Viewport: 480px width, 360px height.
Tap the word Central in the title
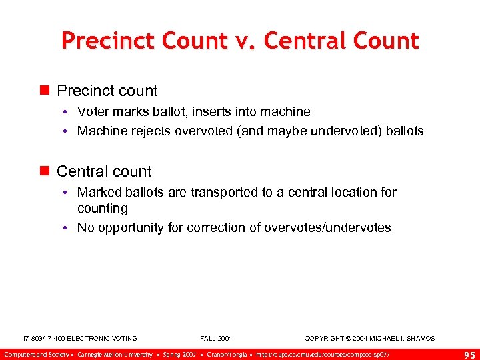click(x=305, y=41)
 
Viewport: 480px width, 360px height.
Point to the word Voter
click(x=93, y=111)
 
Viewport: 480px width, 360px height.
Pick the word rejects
click(x=150, y=131)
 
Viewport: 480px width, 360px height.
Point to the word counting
click(x=103, y=208)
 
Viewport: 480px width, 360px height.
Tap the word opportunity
click(x=129, y=227)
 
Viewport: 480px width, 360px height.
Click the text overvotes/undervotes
click(x=327, y=227)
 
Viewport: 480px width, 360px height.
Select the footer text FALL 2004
click(x=216, y=339)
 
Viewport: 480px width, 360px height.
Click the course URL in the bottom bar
click(x=323, y=354)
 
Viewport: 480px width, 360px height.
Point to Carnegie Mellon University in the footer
click(x=115, y=354)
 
